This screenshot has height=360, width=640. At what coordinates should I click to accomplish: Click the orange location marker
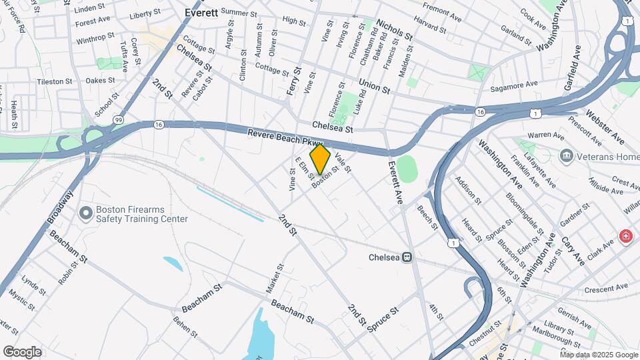(x=320, y=159)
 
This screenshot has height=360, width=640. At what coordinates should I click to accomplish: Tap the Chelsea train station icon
(x=406, y=257)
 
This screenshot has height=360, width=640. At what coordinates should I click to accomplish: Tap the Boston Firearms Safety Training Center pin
(x=85, y=213)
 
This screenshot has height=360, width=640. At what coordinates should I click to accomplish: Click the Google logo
(x=22, y=351)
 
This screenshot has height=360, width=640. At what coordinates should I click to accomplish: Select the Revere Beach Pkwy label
(x=285, y=137)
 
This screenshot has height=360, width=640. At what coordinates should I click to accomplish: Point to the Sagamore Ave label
(x=513, y=85)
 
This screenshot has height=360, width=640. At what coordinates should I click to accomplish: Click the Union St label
(x=373, y=85)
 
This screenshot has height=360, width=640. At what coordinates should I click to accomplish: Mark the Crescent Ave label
(x=606, y=288)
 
